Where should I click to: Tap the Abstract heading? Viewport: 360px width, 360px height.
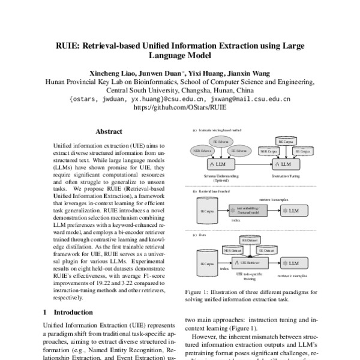click(x=109, y=131)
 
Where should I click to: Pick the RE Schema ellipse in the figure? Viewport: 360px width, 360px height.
click(x=223, y=142)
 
